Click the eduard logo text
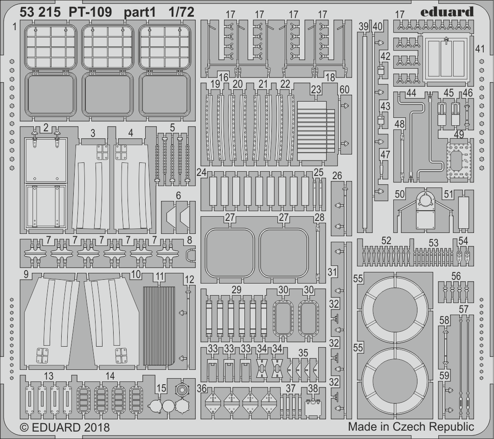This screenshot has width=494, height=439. coord(448,12)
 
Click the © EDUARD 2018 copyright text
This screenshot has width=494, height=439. coord(65,427)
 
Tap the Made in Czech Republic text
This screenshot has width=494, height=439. coord(411,426)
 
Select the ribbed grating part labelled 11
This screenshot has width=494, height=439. coord(159,326)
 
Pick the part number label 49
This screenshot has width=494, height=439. coord(459,135)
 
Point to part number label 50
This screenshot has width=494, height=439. coord(399,194)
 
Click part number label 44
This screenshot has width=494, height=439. coord(411,93)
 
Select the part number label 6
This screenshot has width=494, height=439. coord(178,196)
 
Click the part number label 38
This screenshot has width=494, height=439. coord(313,388)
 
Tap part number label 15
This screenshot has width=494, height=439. coord(161,388)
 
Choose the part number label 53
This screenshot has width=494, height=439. coord(433,242)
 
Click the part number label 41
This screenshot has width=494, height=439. coord(480,49)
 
